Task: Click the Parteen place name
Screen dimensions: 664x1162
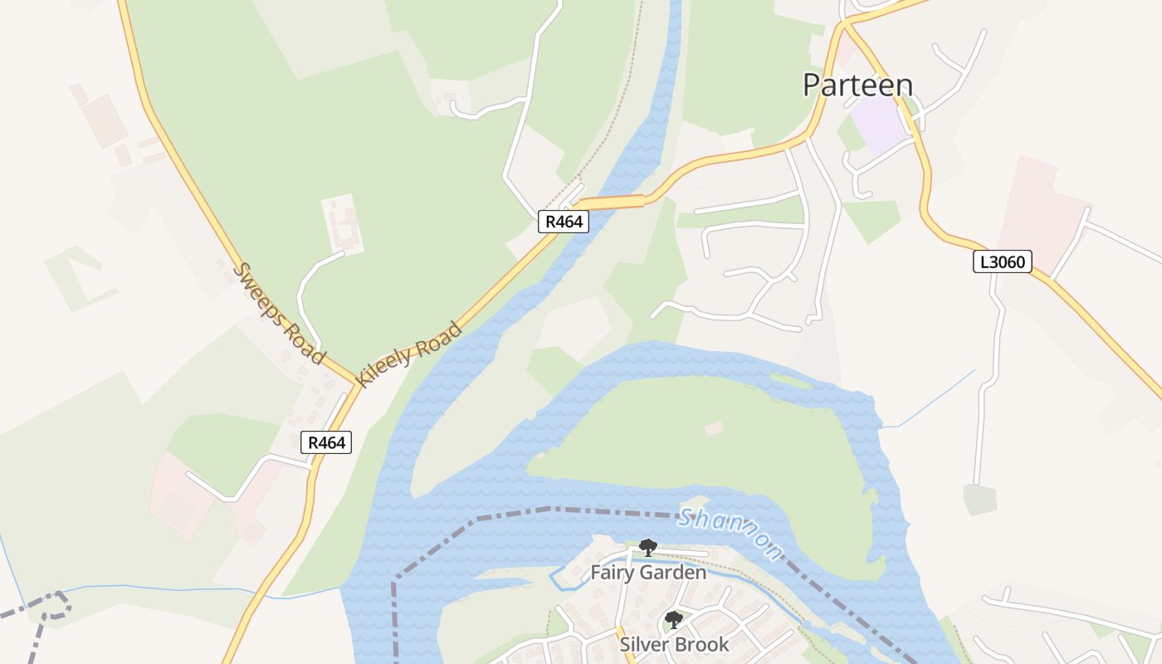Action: pyautogui.click(x=857, y=85)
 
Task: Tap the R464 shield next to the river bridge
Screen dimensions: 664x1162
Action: pyautogui.click(x=564, y=222)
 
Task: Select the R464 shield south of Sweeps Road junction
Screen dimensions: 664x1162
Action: pyautogui.click(x=326, y=442)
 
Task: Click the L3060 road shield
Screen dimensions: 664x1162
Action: pyautogui.click(x=1002, y=262)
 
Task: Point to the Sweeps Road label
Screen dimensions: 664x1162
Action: pyautogui.click(x=278, y=313)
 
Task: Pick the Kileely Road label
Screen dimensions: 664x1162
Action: pyautogui.click(x=408, y=354)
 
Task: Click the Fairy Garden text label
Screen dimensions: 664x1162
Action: pyautogui.click(x=648, y=573)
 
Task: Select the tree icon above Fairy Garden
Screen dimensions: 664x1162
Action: pyautogui.click(x=648, y=547)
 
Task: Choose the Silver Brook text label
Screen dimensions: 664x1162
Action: pyautogui.click(x=674, y=644)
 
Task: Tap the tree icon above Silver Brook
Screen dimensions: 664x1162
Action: pyautogui.click(x=674, y=619)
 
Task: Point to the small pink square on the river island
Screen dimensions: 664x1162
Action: pyautogui.click(x=714, y=428)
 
